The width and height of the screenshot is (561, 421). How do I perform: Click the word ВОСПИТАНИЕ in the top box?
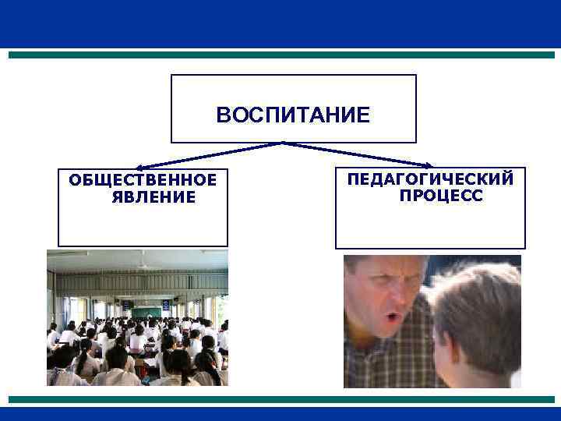(x=293, y=116)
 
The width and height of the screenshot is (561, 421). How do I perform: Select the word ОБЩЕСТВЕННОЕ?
(x=143, y=181)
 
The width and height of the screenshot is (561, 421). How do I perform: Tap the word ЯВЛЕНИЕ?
(x=153, y=197)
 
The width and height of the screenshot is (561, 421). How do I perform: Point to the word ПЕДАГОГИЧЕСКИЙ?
(x=430, y=179)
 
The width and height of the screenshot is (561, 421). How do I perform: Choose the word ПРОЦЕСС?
(x=441, y=195)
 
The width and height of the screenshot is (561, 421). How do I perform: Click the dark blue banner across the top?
(x=280, y=23)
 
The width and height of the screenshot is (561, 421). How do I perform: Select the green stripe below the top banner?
(x=280, y=55)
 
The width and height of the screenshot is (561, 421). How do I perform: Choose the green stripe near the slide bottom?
(x=280, y=399)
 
